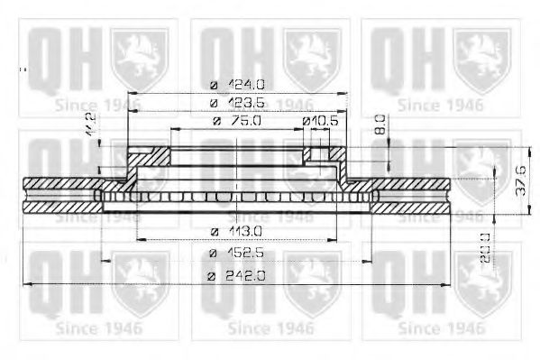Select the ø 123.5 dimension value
tap(237, 103)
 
